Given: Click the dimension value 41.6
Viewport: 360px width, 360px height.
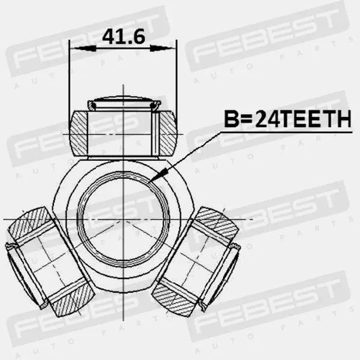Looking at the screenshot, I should point(124,37).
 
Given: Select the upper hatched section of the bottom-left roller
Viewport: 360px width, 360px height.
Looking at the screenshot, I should point(30,223).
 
